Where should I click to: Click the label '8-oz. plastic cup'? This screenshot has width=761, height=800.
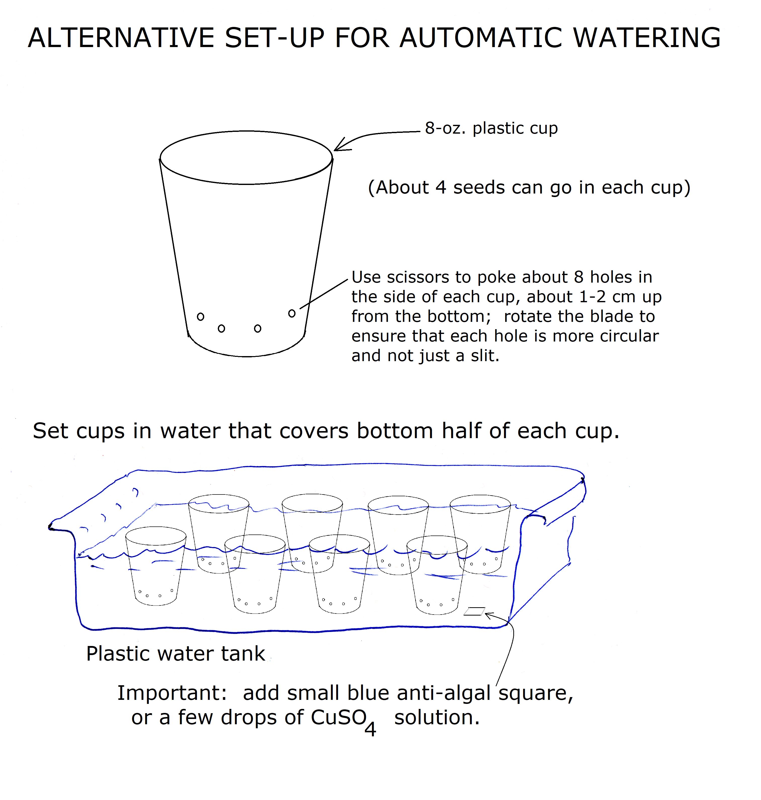click(x=491, y=128)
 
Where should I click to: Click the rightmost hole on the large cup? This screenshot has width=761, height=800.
click(x=292, y=313)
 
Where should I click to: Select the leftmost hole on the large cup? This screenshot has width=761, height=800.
click(x=200, y=317)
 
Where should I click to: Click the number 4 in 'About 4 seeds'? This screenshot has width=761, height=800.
click(x=441, y=187)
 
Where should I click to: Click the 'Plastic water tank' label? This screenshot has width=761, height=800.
click(x=176, y=654)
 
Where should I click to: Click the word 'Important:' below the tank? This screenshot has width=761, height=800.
click(x=172, y=693)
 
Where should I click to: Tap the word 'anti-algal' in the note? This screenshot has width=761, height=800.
click(x=444, y=693)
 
